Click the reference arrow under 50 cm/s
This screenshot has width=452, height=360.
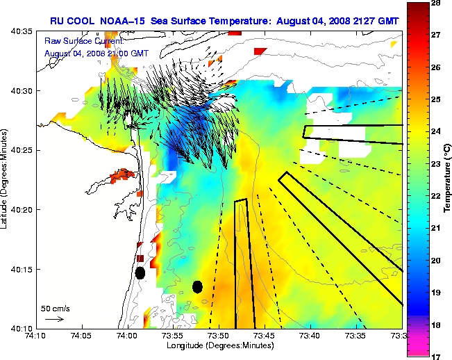pos(54,319)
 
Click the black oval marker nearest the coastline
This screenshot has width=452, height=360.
pos(140,272)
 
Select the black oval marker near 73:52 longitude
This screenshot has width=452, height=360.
pos(197,286)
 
